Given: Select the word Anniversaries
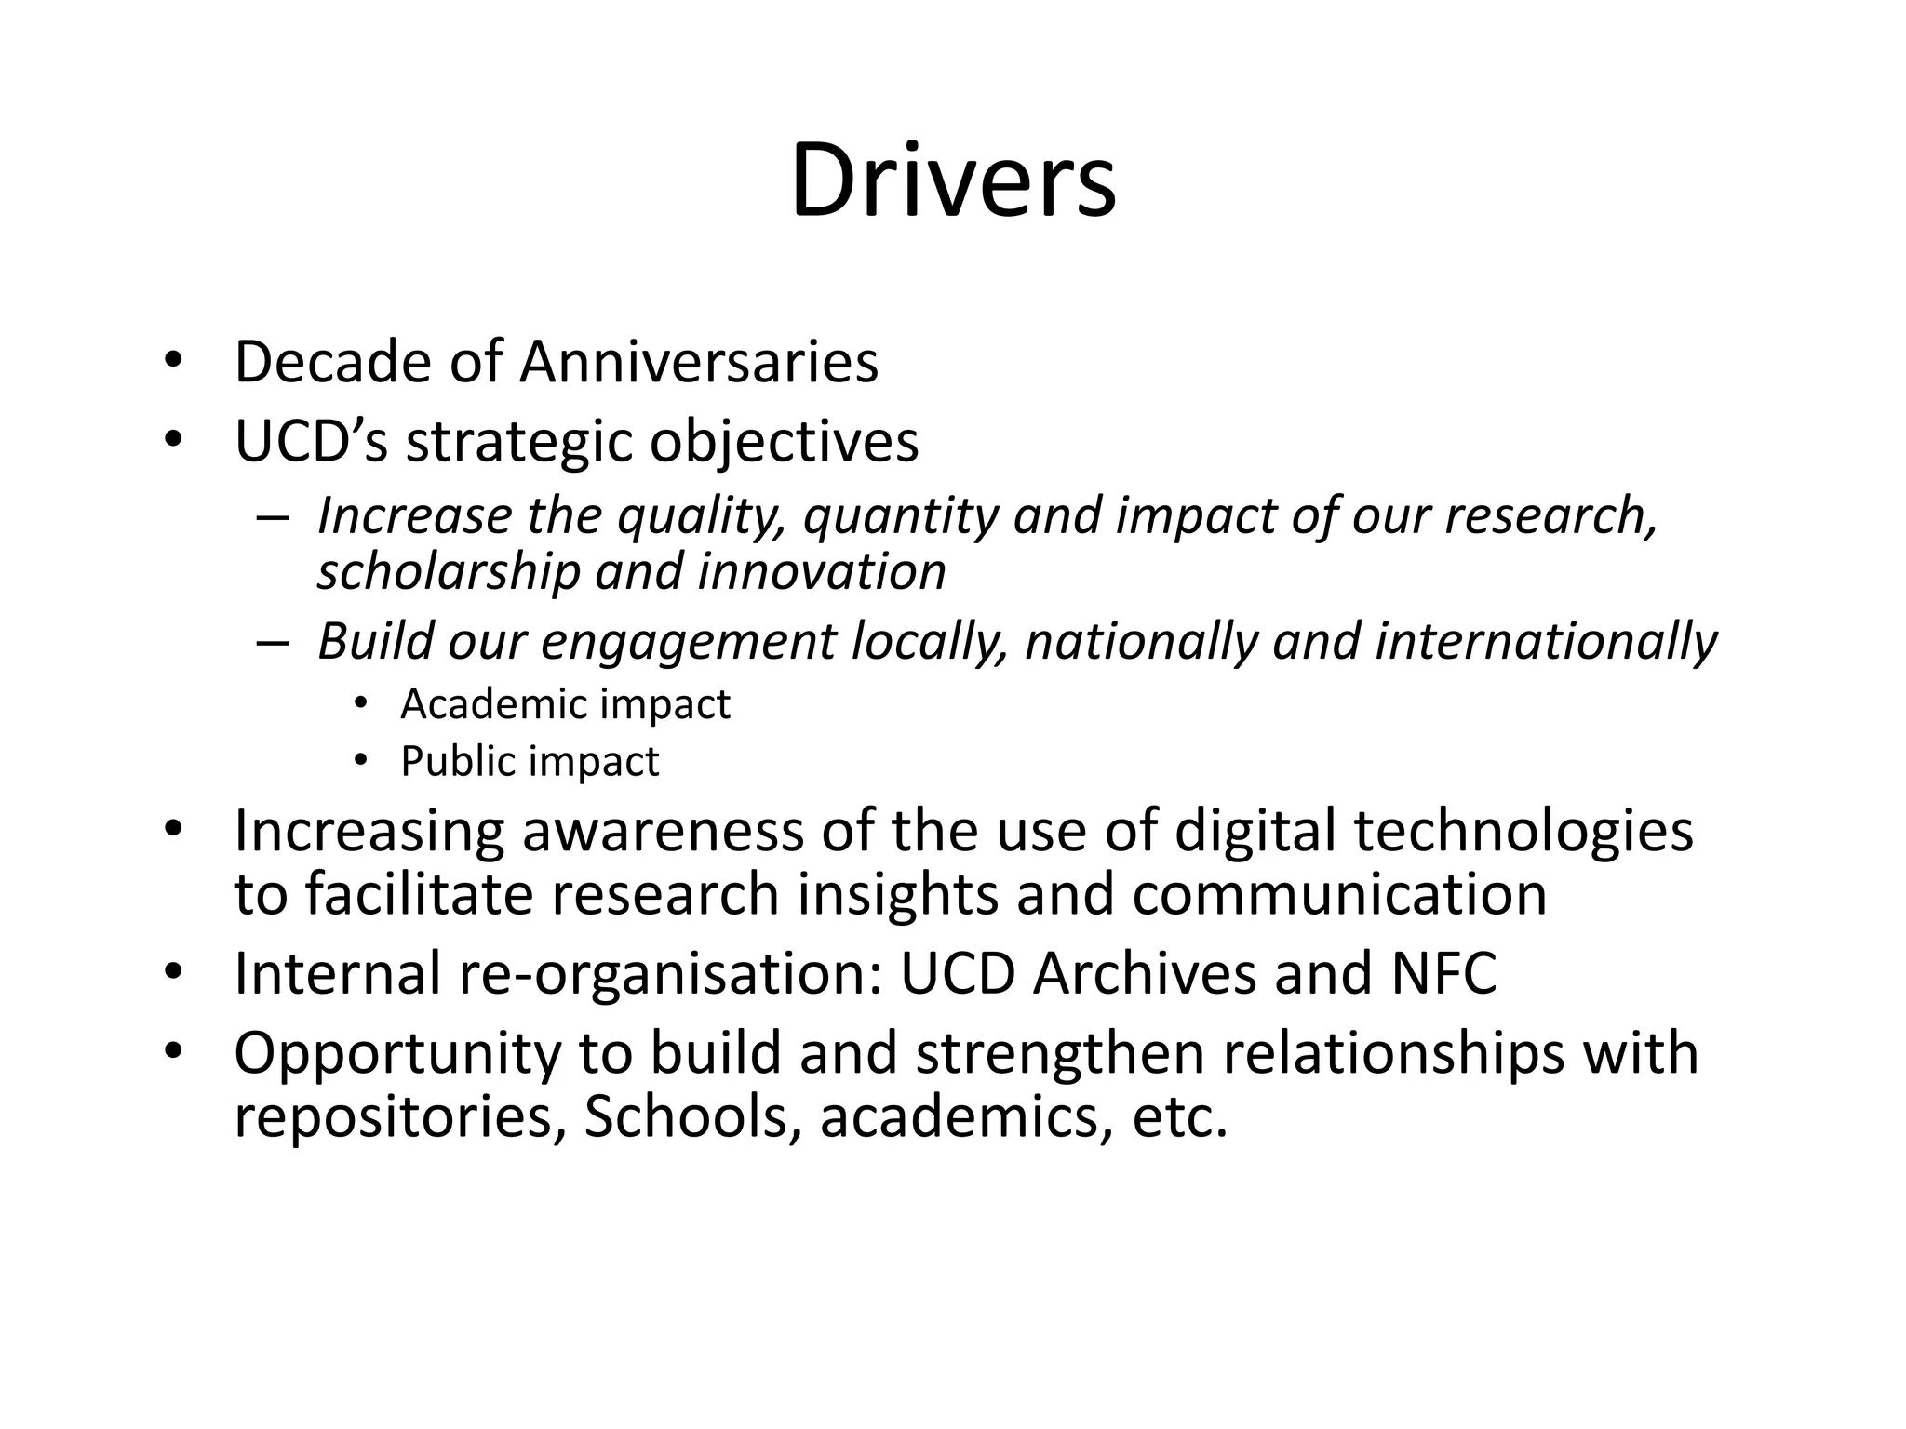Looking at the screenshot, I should coord(698,362).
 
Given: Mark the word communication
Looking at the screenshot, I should coord(1339,894).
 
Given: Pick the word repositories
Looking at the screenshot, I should coord(399,1116).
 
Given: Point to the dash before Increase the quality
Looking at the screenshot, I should coord(273,517).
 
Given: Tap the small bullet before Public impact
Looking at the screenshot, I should coord(361,762).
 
